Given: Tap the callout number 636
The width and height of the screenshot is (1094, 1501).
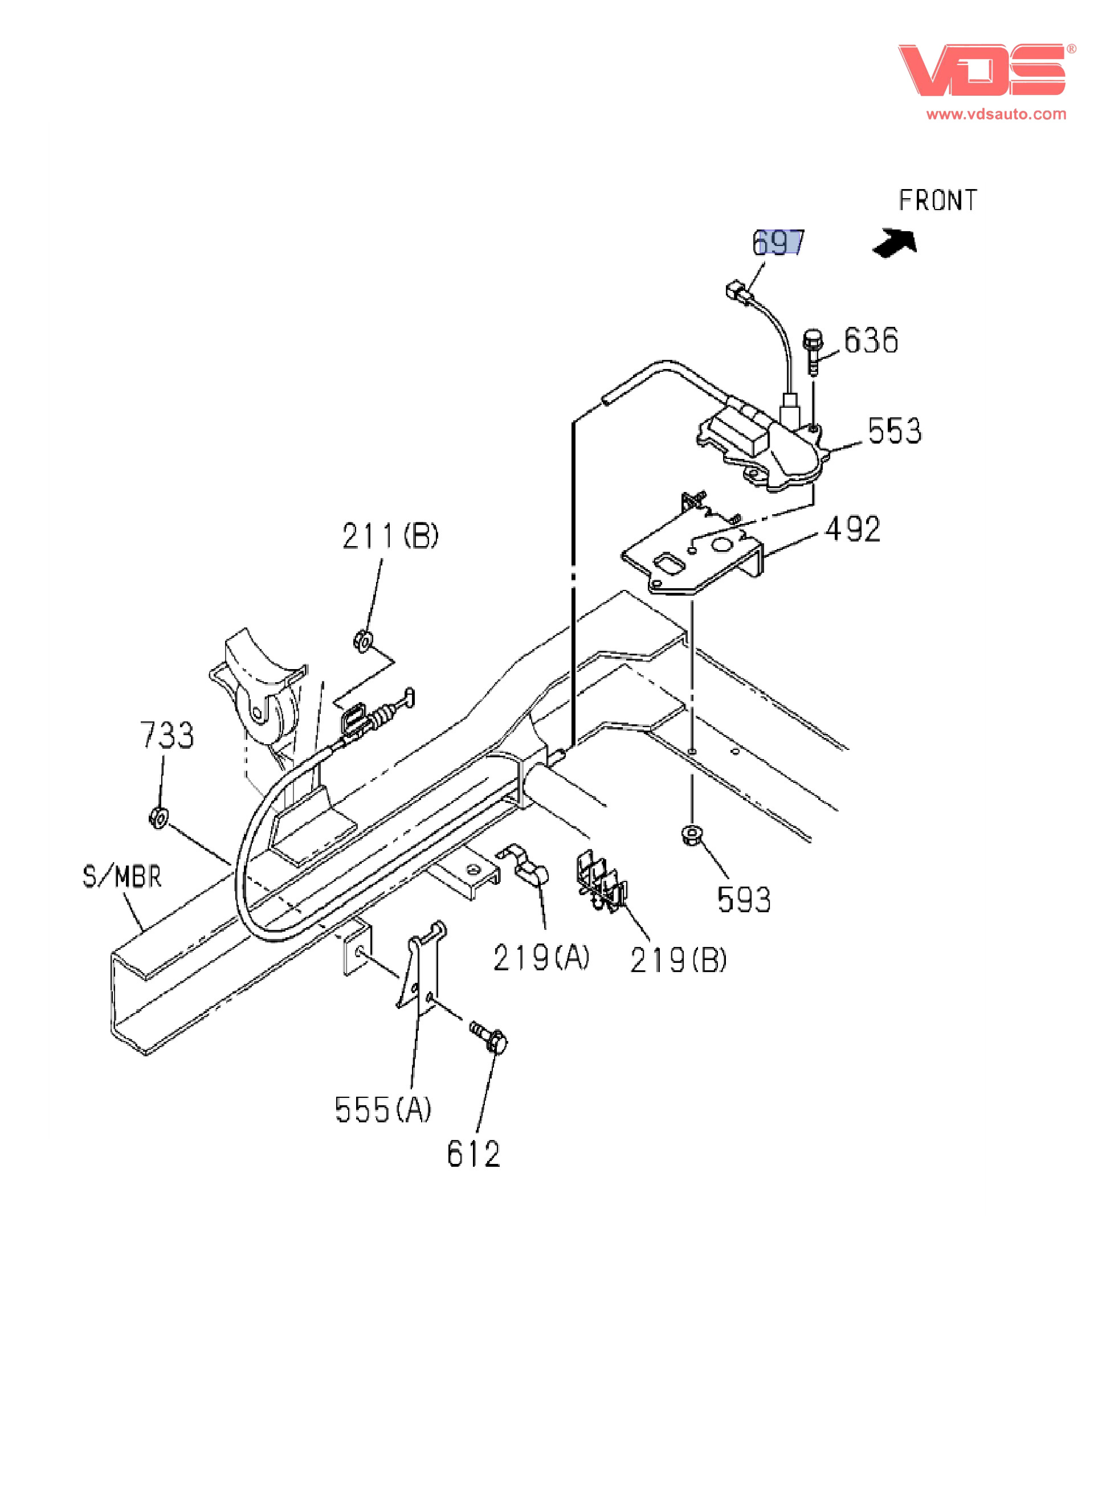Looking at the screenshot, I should pos(871,340).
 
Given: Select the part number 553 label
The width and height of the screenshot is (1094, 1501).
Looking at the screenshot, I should pos(894,431).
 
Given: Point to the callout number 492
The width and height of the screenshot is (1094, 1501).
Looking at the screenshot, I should pos(853,530).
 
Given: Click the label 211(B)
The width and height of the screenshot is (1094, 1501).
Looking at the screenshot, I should pos(390,535).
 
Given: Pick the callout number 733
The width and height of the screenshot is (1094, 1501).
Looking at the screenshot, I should pos(167,735).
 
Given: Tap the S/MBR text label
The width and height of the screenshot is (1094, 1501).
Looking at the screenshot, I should pos(122,877).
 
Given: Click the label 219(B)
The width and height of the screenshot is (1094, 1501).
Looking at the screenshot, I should pos(677,959).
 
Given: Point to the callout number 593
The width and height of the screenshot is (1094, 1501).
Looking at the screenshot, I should pos(744,900).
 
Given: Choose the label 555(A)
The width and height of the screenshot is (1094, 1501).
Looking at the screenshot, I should pos(383,1110).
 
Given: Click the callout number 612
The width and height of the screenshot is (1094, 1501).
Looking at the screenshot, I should pos(473,1155).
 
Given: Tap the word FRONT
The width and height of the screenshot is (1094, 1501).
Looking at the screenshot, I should pos(937,200).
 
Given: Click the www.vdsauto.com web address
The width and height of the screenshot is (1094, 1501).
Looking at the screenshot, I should pos(996,114).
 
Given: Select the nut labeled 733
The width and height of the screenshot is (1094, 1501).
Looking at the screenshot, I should pos(158,818).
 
